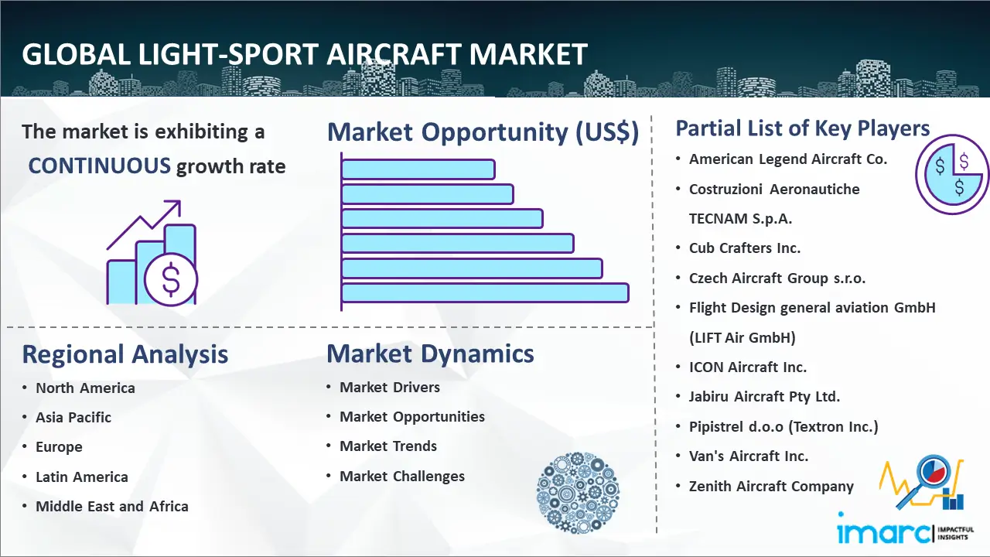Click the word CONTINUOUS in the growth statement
(x=100, y=166)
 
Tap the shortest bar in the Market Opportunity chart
(x=418, y=169)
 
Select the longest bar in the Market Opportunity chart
(x=485, y=293)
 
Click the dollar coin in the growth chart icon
(x=171, y=280)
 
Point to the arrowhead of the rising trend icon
(x=175, y=207)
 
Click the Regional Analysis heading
(x=125, y=354)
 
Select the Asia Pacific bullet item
(x=73, y=417)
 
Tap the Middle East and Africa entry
(x=112, y=506)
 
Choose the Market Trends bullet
(x=388, y=446)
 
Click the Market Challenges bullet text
(x=401, y=476)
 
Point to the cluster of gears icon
(x=578, y=493)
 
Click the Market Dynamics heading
(x=430, y=354)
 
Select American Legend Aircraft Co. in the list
(x=788, y=159)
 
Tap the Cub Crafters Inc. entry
(x=745, y=248)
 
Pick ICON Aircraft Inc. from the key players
(x=748, y=367)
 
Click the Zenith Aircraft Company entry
(x=771, y=487)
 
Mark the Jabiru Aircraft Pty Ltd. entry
(x=764, y=397)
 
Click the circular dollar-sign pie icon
(x=952, y=175)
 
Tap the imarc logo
(x=905, y=533)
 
